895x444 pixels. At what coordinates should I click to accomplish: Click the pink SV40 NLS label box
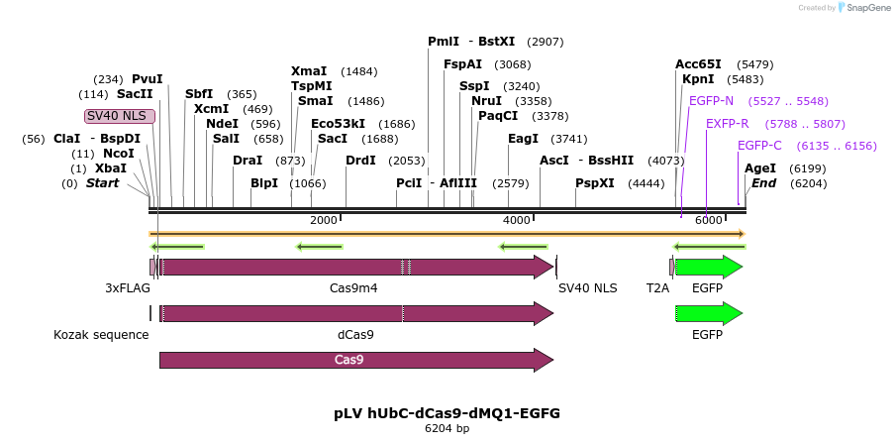(120, 116)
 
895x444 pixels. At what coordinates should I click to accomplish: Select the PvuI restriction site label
(148, 79)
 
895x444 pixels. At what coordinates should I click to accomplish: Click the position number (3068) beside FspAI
(512, 64)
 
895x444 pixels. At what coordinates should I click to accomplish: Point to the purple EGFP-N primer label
(711, 101)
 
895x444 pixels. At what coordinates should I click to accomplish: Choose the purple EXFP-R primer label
(727, 124)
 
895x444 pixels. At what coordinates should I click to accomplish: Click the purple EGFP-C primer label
(759, 146)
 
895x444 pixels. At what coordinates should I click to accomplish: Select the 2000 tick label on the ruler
(323, 220)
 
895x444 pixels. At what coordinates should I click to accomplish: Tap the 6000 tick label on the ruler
(708, 220)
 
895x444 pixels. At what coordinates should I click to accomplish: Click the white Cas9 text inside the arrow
(348, 360)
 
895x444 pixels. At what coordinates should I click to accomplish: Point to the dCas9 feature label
(355, 335)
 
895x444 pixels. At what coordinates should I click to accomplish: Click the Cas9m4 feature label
(353, 288)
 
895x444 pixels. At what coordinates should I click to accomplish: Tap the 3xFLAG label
(128, 288)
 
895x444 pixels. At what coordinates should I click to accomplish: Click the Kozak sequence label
(101, 335)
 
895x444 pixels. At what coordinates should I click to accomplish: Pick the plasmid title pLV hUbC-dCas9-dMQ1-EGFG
(447, 413)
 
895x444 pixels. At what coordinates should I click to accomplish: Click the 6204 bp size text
(447, 428)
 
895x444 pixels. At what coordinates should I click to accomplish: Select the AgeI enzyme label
(760, 168)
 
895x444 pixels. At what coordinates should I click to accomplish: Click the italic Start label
(103, 183)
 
